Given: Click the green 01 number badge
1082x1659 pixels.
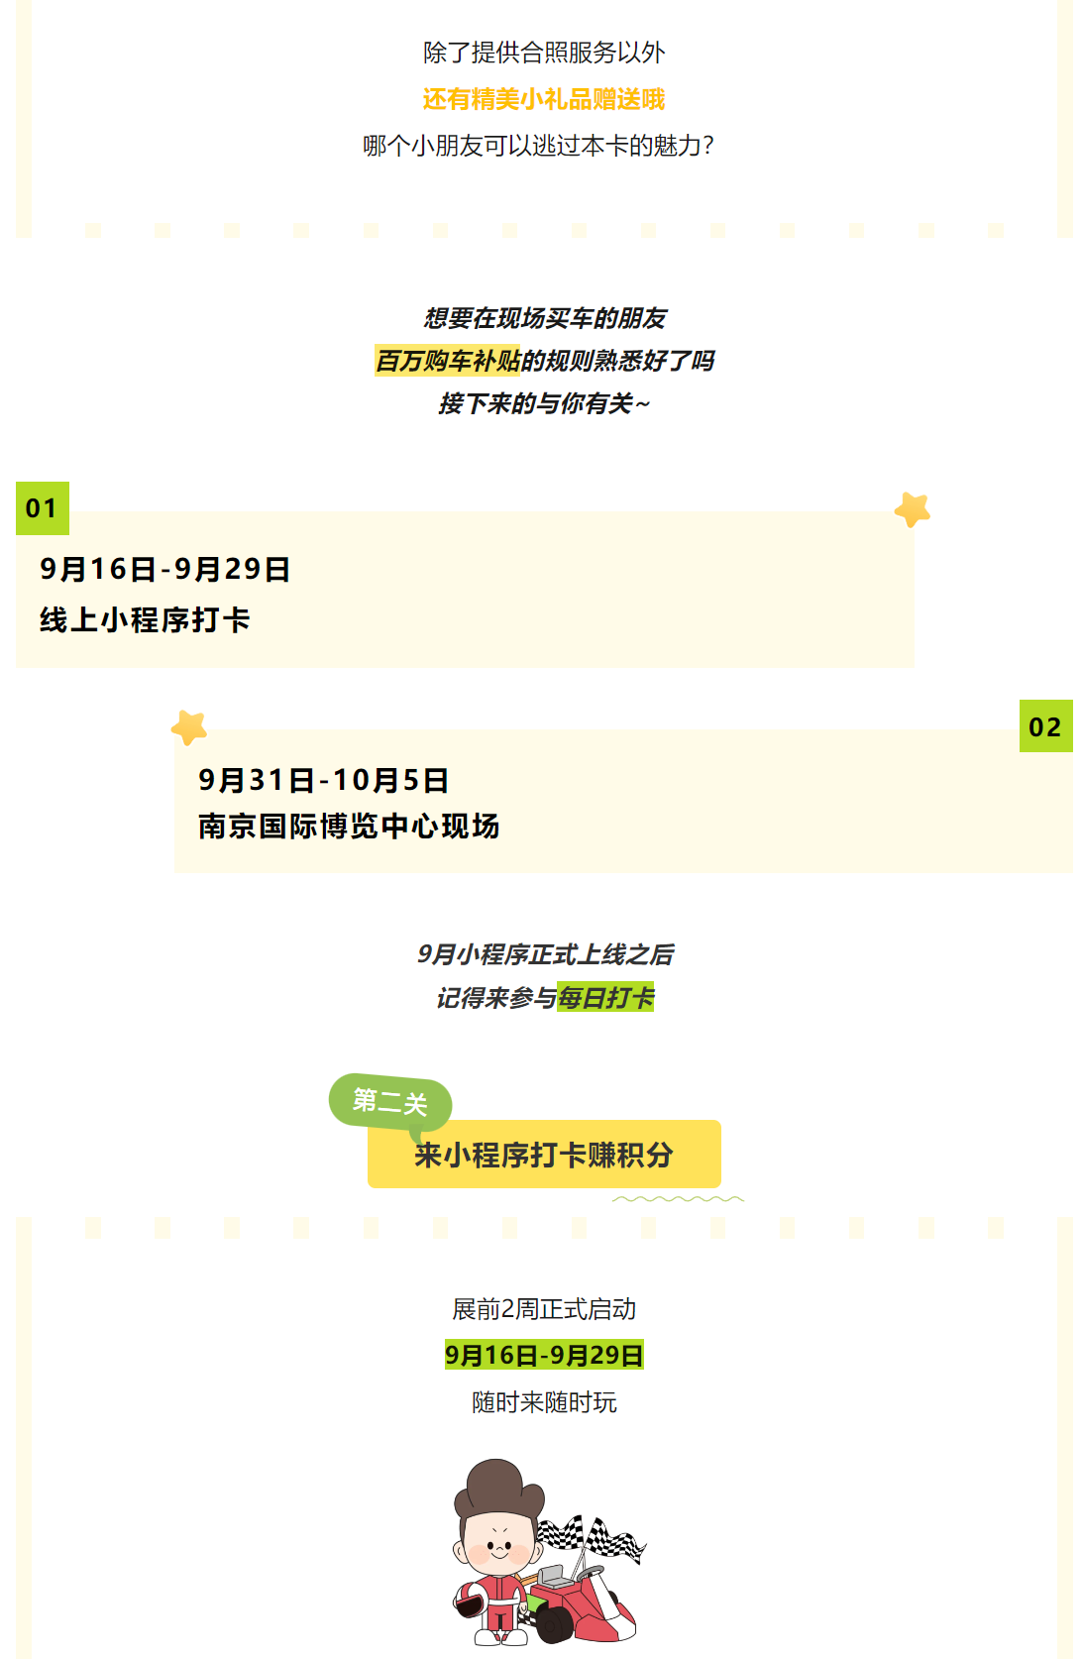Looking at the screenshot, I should pos(43,508).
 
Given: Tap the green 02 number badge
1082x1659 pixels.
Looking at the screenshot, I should pos(1045,726).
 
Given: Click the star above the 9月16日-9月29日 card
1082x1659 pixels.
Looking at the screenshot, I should pos(913,509).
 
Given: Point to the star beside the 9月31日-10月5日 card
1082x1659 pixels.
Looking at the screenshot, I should pos(188,727).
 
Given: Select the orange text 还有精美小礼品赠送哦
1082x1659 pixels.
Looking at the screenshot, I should pos(543,99).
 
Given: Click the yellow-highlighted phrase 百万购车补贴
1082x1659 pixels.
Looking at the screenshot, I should pos(448,361).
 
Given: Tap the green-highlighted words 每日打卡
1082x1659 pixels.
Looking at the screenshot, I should pos(605,997).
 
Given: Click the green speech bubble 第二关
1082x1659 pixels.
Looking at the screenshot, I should pos(390,1101).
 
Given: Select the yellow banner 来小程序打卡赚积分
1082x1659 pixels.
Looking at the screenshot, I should pos(544,1155).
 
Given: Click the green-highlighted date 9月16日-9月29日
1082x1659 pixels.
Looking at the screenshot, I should pos(544,1355).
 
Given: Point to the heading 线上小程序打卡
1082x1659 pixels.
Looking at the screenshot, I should pos(145,620).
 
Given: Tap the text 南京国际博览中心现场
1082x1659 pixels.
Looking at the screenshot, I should pos(349,827).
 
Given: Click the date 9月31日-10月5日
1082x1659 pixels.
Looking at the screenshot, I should pos(323,780).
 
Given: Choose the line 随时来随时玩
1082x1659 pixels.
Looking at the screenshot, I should pos(544,1402).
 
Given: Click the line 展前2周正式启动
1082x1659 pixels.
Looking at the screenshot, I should pos(544,1309).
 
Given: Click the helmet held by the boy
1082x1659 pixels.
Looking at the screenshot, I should pos(471,1601).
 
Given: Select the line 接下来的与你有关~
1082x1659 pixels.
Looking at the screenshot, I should pos(544,403).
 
